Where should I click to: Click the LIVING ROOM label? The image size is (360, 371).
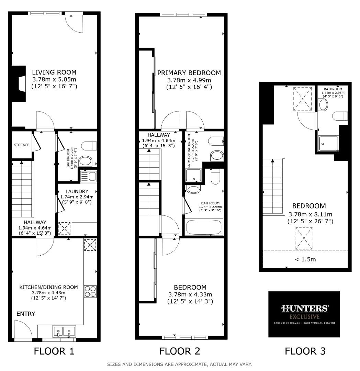click(54, 72)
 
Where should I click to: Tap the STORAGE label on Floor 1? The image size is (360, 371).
click(21, 145)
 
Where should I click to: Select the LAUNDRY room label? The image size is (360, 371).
click(77, 191)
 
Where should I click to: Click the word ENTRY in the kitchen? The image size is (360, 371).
click(26, 314)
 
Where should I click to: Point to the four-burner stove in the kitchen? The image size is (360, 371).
click(90, 291)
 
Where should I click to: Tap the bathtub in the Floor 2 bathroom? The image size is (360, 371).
click(204, 227)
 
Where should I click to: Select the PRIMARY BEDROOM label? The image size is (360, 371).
click(189, 73)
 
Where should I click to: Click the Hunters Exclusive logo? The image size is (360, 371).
click(304, 314)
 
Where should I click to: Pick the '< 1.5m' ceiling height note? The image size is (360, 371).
click(305, 259)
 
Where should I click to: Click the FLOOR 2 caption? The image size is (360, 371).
click(180, 351)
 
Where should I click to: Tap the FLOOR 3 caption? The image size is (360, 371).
click(305, 351)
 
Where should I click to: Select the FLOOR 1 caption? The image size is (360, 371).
click(54, 351)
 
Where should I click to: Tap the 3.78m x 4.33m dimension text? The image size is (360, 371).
click(190, 295)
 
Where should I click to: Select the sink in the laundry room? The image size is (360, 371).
click(89, 176)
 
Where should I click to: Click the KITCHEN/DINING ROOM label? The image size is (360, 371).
click(48, 287)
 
